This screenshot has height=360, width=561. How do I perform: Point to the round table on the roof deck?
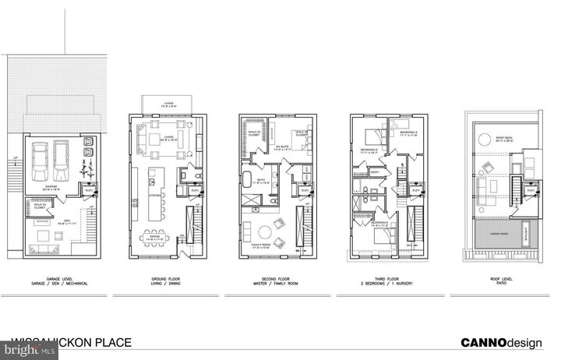485,139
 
